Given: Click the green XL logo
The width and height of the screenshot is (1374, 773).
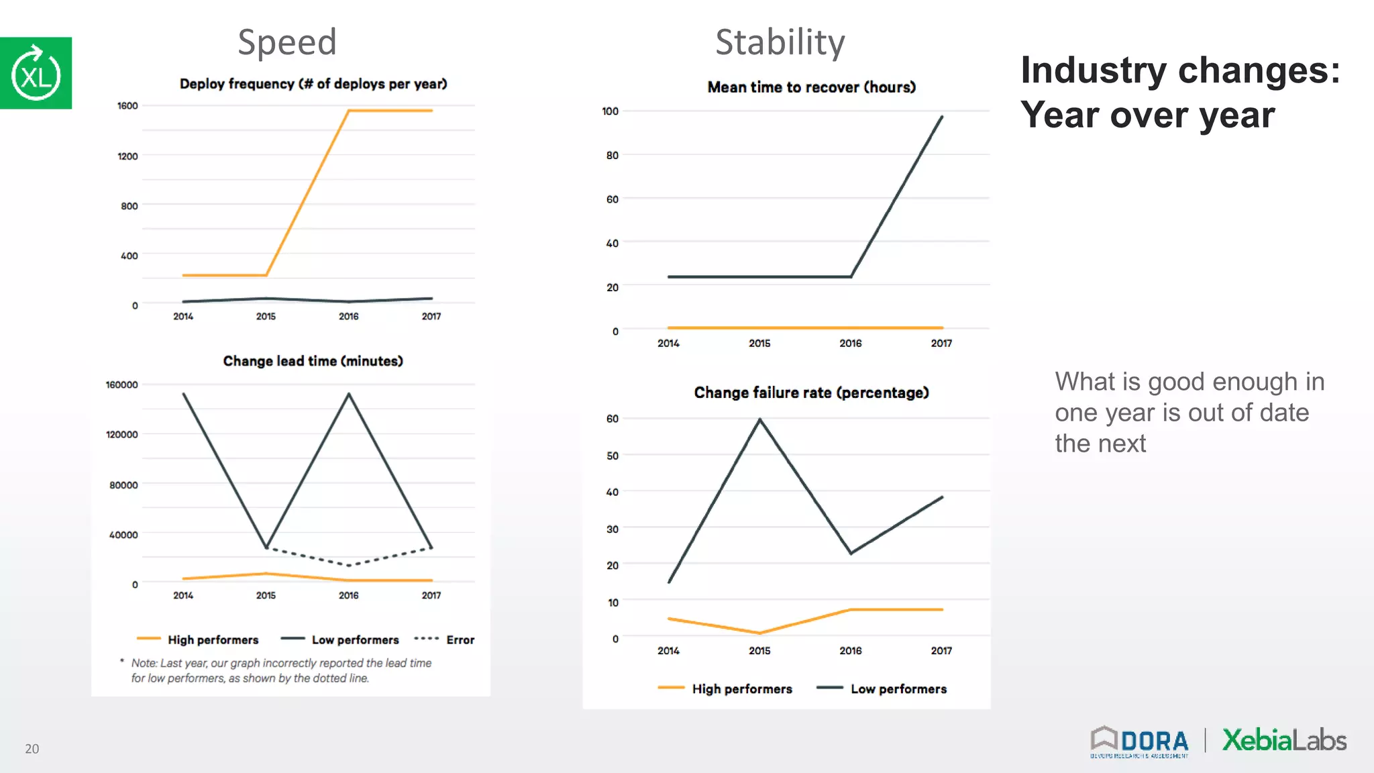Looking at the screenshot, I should click(x=36, y=73).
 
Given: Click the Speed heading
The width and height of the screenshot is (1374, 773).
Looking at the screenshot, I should click(x=287, y=42).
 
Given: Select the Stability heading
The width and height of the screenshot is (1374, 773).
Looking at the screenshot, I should click(x=780, y=42).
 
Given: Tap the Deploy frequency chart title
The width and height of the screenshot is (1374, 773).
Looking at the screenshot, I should click(x=313, y=84).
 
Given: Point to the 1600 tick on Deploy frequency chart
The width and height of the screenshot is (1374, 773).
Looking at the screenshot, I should click(x=127, y=106).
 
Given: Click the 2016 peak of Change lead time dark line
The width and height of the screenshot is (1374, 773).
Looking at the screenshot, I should click(x=349, y=394).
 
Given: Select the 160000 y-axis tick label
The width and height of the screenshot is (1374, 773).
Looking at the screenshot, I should click(x=121, y=384).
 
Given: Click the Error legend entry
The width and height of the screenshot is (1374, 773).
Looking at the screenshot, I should click(x=460, y=640).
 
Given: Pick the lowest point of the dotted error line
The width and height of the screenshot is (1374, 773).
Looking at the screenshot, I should click(x=349, y=565).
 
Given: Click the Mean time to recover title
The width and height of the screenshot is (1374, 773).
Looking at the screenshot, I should click(x=811, y=87).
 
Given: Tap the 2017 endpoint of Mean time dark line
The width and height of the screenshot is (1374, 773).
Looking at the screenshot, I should click(x=942, y=117).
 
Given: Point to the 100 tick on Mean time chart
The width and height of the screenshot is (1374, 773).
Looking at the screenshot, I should click(x=610, y=111).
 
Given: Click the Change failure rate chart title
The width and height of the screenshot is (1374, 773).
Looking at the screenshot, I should click(x=811, y=393).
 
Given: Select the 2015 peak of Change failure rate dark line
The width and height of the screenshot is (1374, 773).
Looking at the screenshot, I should click(x=759, y=419).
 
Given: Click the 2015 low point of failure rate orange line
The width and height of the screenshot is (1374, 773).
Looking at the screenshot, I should click(x=759, y=633).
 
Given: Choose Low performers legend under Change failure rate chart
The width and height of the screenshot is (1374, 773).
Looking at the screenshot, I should click(x=898, y=689).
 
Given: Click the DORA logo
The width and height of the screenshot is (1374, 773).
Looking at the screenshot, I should click(x=1139, y=741).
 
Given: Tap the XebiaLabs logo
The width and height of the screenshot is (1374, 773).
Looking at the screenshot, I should click(x=1283, y=740).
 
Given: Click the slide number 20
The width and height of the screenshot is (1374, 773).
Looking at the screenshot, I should click(x=32, y=749).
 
